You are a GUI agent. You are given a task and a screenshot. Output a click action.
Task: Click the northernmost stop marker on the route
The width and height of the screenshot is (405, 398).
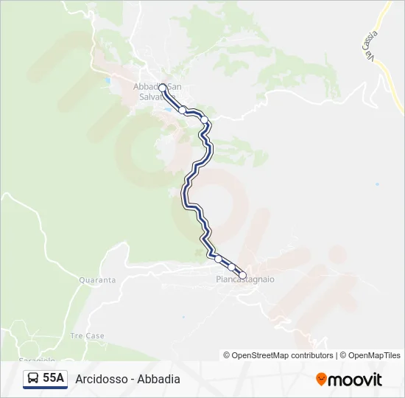coord(162,88)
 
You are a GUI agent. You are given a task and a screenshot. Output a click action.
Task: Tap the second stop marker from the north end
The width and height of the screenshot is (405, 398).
coord(182,110)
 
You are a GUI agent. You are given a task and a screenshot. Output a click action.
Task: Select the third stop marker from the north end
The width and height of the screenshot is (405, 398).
coord(205,119)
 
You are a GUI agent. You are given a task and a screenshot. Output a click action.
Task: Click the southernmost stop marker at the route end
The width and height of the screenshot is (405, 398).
coord(242,276)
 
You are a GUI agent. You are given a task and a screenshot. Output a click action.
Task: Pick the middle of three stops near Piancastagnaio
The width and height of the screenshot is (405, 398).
coord(231,267)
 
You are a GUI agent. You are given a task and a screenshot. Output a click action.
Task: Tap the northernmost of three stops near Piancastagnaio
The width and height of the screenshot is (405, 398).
coord(217,258)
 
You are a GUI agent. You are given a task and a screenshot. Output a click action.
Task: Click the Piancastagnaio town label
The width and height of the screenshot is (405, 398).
coord(245,280)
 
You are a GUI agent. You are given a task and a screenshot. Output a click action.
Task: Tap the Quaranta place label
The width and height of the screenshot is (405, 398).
coord(97,280)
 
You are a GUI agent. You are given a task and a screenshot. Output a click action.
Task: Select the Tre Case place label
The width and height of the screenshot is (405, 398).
coord(87,335)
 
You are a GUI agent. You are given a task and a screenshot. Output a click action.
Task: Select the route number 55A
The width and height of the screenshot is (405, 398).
coord(54,379)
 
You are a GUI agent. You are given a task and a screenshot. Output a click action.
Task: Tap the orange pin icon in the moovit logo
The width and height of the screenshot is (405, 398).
coord(321,379)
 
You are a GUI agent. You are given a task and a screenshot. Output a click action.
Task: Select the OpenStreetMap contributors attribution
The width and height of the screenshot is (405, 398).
coord(278,355)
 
